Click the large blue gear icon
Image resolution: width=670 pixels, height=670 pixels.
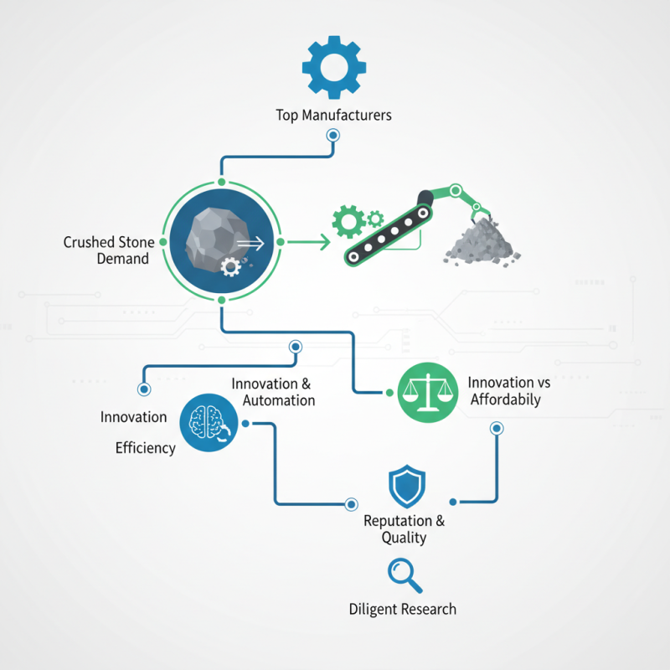[x=333, y=68]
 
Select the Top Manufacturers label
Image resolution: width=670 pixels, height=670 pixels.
[x=333, y=116]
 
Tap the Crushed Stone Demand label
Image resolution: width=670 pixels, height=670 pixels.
[x=109, y=250]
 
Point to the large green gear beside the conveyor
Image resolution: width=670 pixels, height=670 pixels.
[x=349, y=221]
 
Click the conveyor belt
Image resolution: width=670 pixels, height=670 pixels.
[x=389, y=235]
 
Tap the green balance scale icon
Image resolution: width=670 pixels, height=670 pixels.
[x=428, y=393]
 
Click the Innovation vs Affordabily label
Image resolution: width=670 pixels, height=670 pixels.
[x=509, y=391]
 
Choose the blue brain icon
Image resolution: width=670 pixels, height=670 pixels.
[x=209, y=423]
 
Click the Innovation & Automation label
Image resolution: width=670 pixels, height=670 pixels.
[x=274, y=392]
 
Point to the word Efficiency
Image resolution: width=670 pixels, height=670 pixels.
[x=146, y=448]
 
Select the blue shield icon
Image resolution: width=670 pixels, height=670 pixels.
[x=407, y=486]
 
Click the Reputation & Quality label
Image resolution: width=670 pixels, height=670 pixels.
[x=405, y=529]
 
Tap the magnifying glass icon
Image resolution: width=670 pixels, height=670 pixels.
[x=405, y=575]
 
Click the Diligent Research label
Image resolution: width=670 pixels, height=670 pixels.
[x=403, y=610]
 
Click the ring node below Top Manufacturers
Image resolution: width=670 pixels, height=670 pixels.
[x=332, y=136]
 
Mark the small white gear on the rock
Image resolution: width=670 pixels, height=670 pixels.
[x=231, y=267]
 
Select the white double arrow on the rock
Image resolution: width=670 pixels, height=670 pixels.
[x=250, y=244]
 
